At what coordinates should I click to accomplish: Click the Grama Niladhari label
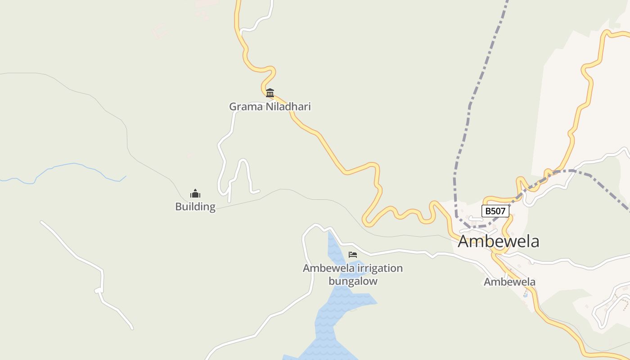270,107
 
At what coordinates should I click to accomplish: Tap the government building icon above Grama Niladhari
270,93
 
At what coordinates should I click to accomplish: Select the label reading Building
195,207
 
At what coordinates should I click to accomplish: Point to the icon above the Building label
195,193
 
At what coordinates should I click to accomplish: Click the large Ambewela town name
498,241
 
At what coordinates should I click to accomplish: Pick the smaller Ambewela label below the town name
509,282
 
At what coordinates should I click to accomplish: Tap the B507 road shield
495,211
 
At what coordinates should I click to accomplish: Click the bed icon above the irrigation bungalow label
353,255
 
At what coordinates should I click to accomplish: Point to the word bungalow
353,281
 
